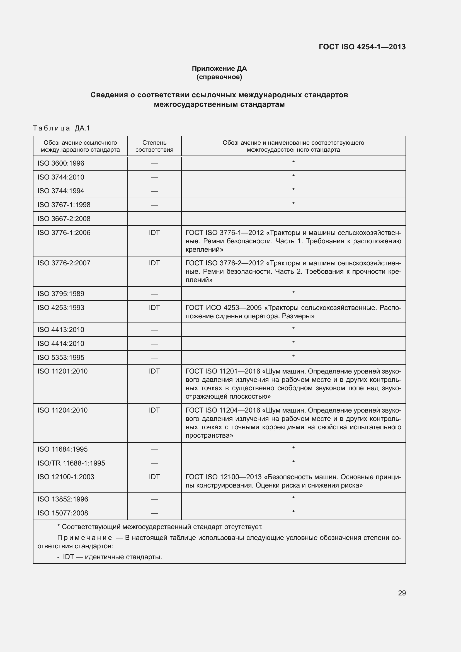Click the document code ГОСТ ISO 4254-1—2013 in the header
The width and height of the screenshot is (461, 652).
(x=362, y=47)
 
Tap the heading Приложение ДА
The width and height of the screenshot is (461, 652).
(x=219, y=69)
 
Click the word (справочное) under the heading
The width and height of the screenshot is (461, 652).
(x=219, y=77)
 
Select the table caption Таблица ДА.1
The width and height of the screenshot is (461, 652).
(x=61, y=128)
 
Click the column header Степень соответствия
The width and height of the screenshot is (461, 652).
(x=154, y=146)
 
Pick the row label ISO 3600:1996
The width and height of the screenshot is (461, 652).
(x=61, y=163)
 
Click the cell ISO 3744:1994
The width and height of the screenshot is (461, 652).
(x=61, y=191)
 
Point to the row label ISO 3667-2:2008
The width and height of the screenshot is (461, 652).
(x=64, y=219)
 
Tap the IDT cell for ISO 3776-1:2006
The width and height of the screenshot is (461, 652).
(x=154, y=232)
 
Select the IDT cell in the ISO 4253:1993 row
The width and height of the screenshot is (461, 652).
(x=154, y=307)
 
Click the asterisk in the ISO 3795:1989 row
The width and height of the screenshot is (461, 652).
(x=293, y=293)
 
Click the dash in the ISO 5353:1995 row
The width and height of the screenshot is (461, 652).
(x=154, y=358)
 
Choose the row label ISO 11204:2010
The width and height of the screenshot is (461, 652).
(x=62, y=410)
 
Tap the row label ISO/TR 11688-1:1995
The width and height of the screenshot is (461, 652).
(x=71, y=463)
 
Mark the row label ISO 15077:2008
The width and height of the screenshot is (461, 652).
(x=62, y=513)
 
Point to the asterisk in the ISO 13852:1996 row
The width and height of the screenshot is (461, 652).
(x=293, y=498)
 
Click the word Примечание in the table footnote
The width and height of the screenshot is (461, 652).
(x=85, y=537)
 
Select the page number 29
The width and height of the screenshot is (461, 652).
(x=402, y=593)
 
